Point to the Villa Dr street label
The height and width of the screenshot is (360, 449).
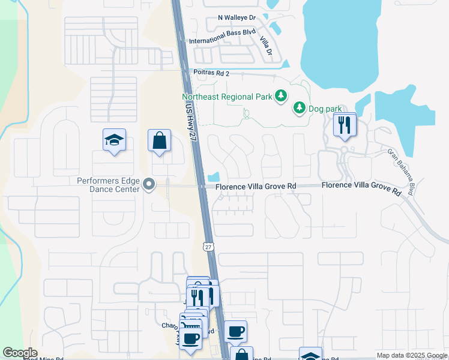click(265, 46)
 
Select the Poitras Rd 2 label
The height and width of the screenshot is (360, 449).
click(211, 73)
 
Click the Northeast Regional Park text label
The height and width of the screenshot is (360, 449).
click(227, 96)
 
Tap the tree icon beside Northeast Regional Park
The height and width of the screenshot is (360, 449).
click(280, 96)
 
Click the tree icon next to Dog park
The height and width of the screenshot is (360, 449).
click(299, 108)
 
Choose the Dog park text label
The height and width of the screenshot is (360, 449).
click(325, 109)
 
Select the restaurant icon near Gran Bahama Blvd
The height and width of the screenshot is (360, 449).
click(344, 125)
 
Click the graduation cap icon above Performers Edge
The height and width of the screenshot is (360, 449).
click(114, 140)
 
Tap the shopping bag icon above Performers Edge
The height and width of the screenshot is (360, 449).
click(159, 141)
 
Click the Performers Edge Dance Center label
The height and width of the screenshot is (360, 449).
click(109, 184)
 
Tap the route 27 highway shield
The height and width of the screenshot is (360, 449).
click(208, 247)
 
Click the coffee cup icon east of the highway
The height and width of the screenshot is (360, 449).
click(235, 331)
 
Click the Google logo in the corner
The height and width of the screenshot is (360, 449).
click(20, 353)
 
